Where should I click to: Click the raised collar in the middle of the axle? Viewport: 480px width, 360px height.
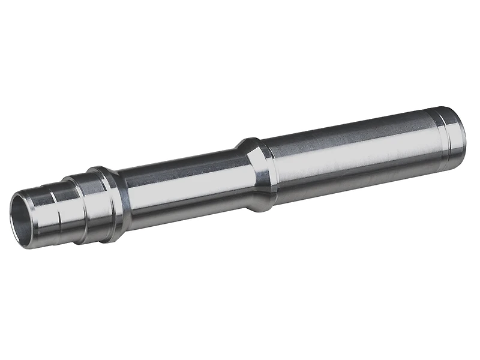[258, 174]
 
